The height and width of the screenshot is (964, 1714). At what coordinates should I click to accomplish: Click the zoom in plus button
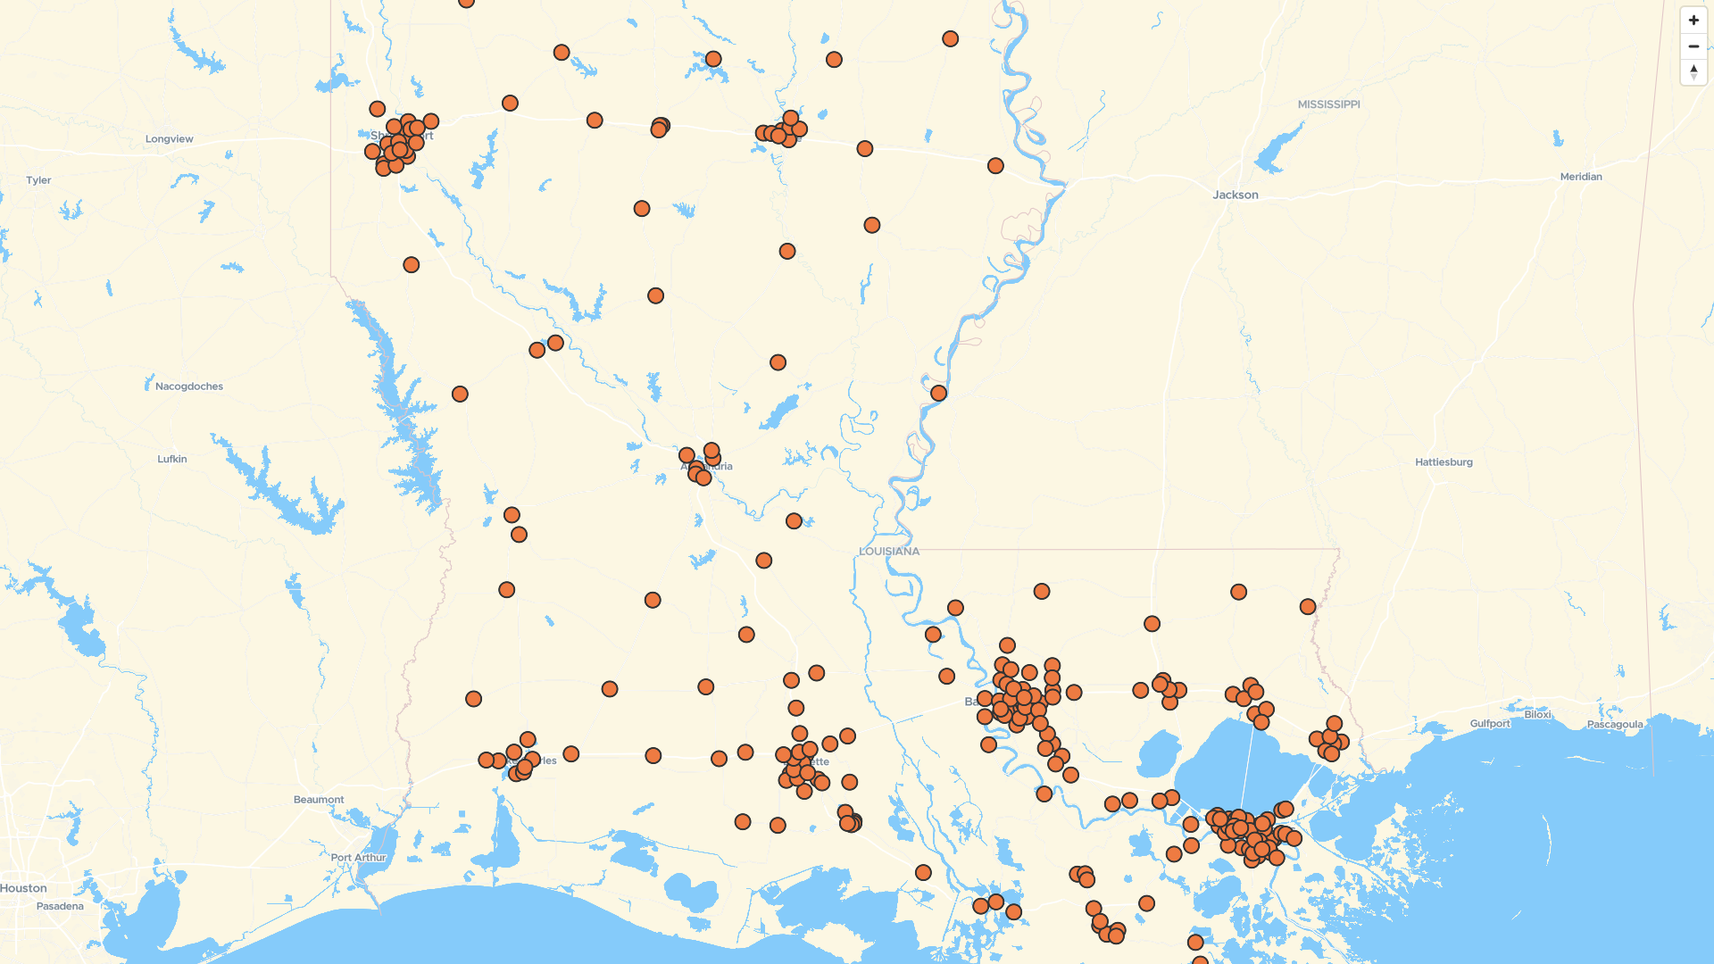pyautogui.click(x=1693, y=20)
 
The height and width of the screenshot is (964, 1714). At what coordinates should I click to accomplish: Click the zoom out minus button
pyautogui.click(x=1693, y=46)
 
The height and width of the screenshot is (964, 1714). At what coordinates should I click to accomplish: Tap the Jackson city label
pyautogui.click(x=1236, y=195)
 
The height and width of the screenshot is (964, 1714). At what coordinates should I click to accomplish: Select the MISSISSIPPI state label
pyautogui.click(x=1328, y=104)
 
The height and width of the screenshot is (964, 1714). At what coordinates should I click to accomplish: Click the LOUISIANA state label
pyautogui.click(x=888, y=552)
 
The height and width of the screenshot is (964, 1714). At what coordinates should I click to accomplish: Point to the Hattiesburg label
pyautogui.click(x=1444, y=462)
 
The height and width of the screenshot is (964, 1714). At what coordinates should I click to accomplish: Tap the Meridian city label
pyautogui.click(x=1580, y=177)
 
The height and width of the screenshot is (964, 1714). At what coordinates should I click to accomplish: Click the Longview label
pyautogui.click(x=169, y=139)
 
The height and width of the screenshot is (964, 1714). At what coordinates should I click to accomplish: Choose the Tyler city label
pyautogui.click(x=38, y=180)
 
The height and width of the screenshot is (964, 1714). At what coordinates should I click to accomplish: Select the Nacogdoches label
pyautogui.click(x=189, y=386)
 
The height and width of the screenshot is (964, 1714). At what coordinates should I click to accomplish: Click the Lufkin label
pyautogui.click(x=172, y=459)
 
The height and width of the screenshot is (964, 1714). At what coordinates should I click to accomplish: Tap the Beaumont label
pyautogui.click(x=319, y=800)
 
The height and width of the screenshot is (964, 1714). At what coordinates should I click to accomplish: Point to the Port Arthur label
pyautogui.click(x=358, y=858)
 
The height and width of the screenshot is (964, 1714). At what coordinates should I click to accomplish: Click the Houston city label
pyautogui.click(x=23, y=888)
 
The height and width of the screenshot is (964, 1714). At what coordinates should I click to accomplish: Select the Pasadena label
pyautogui.click(x=60, y=906)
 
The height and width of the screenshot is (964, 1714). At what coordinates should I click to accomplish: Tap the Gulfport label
pyautogui.click(x=1490, y=724)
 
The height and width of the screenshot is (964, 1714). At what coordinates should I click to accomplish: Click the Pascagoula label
pyautogui.click(x=1614, y=725)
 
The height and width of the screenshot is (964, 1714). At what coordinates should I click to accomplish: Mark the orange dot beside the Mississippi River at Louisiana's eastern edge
pyautogui.click(x=938, y=394)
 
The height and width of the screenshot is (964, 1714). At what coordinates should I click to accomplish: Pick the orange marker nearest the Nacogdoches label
pyautogui.click(x=460, y=395)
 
